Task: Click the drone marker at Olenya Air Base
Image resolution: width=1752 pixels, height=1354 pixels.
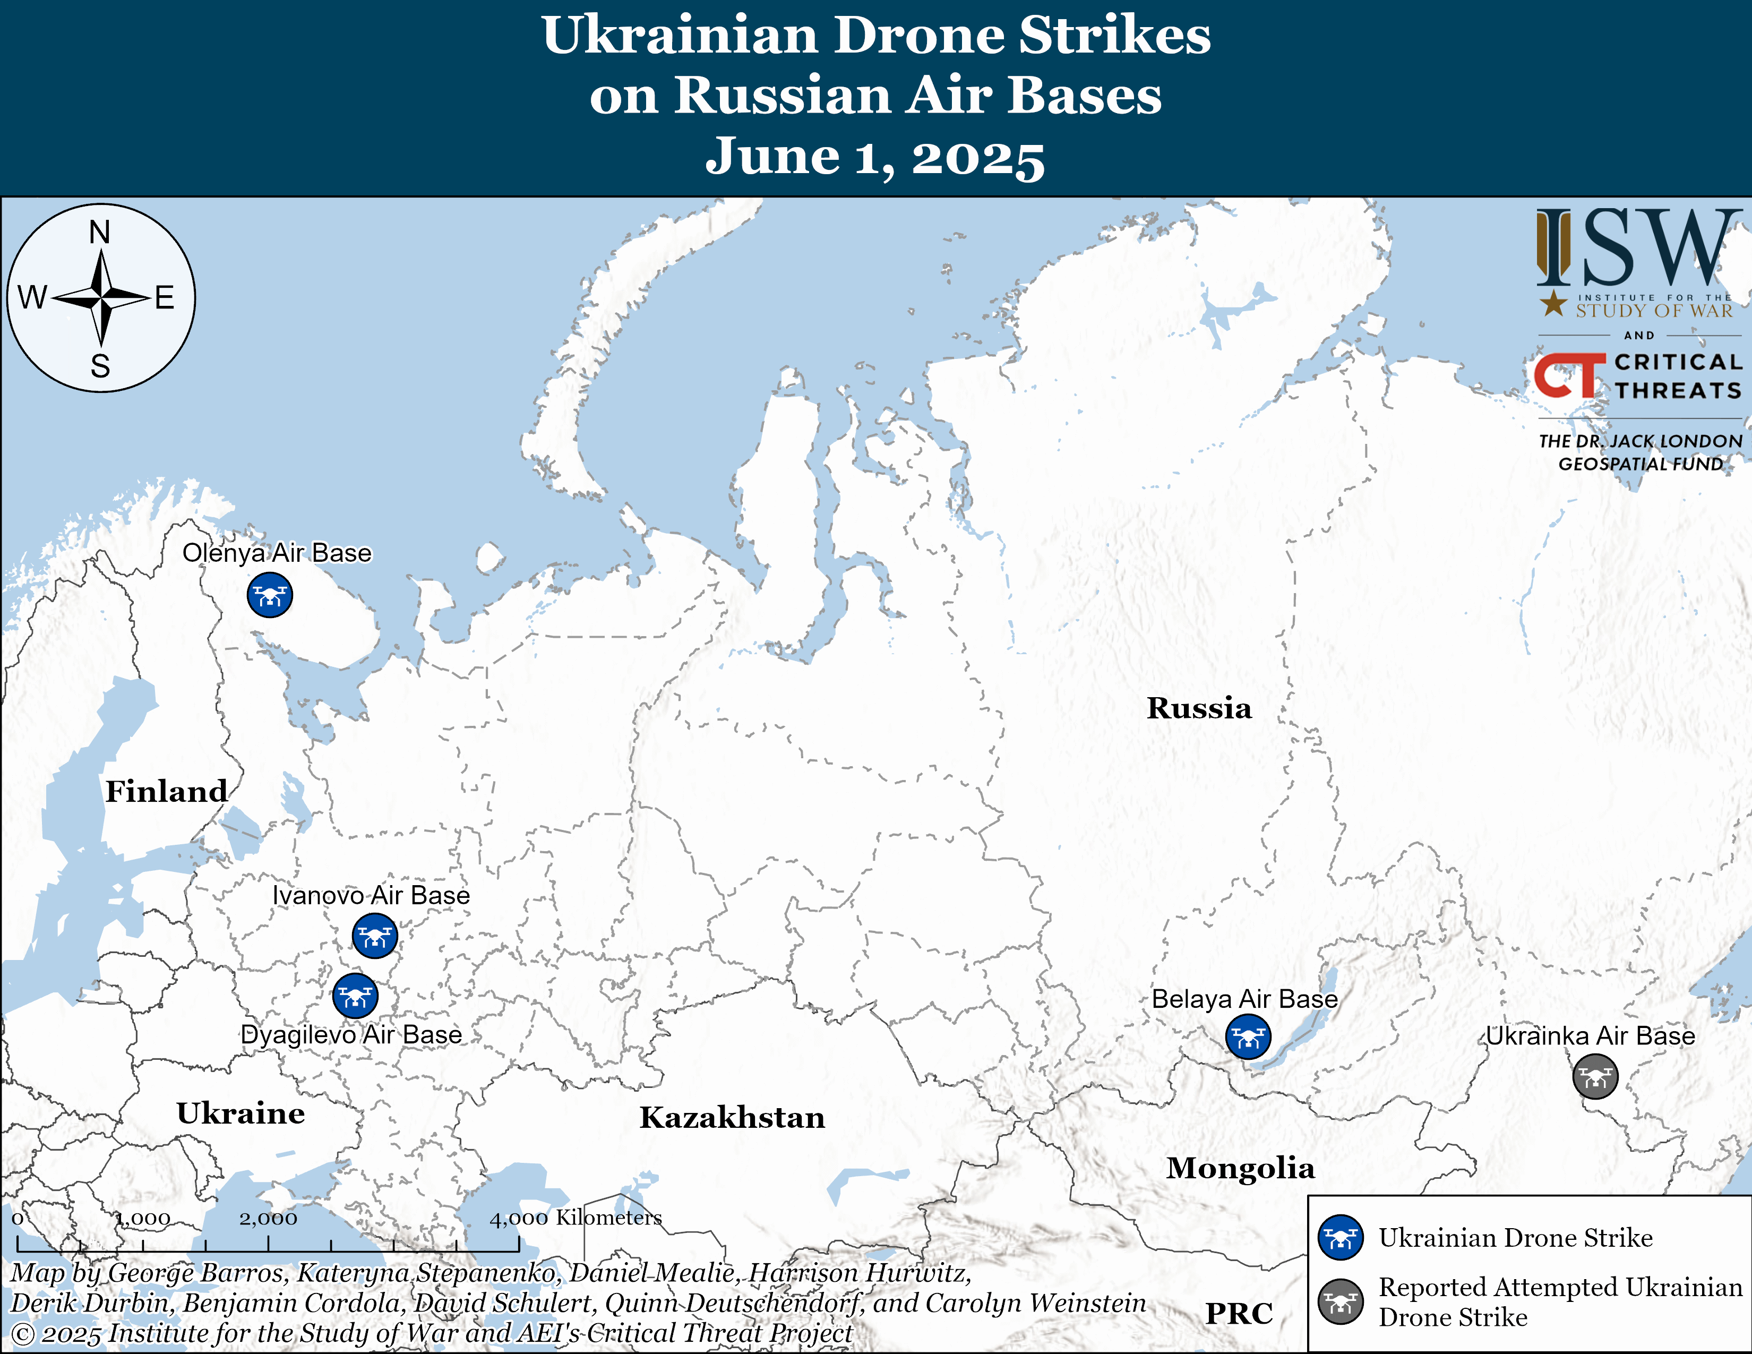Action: [x=270, y=595]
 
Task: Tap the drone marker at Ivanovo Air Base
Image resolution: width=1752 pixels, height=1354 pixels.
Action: [x=375, y=935]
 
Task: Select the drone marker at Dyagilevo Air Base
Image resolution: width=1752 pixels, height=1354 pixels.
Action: [x=355, y=996]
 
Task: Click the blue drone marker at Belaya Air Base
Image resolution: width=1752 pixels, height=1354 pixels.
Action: [x=1248, y=1036]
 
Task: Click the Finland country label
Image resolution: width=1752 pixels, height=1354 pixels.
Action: [x=167, y=791]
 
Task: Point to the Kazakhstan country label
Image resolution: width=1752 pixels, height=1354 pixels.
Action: [x=732, y=1117]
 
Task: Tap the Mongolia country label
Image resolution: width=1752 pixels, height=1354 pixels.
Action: [x=1240, y=1168]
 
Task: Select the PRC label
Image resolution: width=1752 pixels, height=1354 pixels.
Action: [x=1239, y=1314]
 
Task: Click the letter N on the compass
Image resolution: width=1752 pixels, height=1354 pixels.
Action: [x=99, y=233]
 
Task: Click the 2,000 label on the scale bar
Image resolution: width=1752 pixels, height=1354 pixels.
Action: [x=268, y=1219]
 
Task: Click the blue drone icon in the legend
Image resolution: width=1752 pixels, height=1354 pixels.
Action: [x=1339, y=1238]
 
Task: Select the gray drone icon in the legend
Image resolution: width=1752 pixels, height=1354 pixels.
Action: [x=1339, y=1301]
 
